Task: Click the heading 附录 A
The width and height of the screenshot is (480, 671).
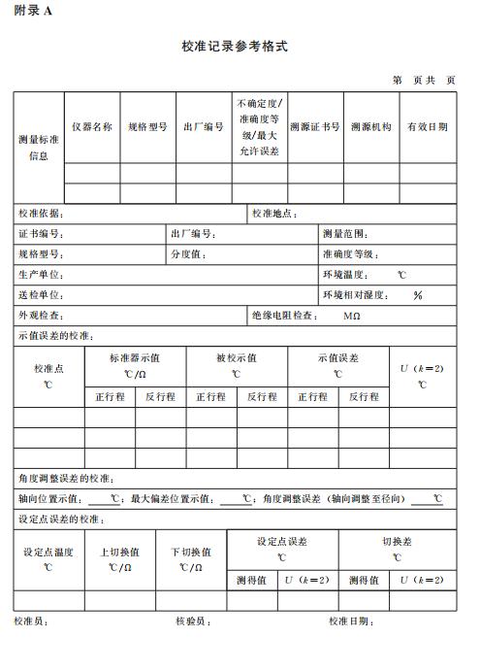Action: [x=33, y=11]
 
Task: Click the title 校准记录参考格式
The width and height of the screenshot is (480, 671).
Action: [x=234, y=46]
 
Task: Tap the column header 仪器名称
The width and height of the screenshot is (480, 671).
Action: [x=92, y=127]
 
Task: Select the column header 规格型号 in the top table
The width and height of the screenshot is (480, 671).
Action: [x=148, y=127]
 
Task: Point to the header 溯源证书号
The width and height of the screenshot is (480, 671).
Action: [x=315, y=127]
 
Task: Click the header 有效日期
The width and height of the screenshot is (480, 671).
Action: [x=427, y=127]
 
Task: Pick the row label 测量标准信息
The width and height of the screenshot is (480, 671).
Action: [x=39, y=148]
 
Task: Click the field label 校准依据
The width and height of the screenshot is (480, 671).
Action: [x=40, y=214]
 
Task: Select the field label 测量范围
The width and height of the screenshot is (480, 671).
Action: [x=345, y=234]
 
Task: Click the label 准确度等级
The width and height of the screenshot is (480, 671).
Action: [x=349, y=254]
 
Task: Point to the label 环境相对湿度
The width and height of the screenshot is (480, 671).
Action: [x=355, y=295]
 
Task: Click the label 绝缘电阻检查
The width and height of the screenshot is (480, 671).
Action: [x=283, y=316]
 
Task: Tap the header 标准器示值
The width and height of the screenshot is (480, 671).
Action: [x=135, y=357]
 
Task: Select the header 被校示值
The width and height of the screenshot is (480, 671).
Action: [x=237, y=357]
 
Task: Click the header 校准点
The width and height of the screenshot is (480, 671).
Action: [x=48, y=369]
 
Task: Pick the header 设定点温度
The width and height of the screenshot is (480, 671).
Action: [x=48, y=553]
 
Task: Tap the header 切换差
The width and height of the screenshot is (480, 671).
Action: [x=397, y=542]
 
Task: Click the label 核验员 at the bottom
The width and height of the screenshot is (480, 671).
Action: [x=192, y=621]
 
